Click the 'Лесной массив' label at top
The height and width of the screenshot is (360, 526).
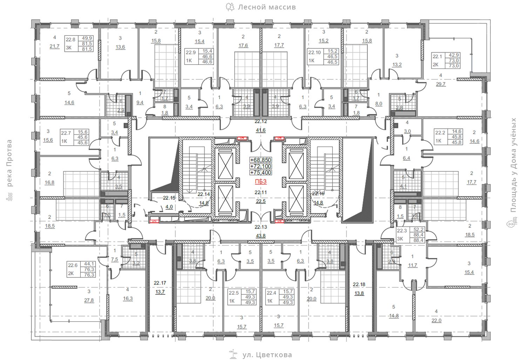pos(267,7)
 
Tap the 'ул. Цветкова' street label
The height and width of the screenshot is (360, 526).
pos(267,355)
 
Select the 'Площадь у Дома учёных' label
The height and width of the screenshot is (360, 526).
pos(513,165)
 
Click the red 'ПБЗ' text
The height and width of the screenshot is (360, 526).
pos(261,181)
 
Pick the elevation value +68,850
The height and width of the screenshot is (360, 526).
pos(261,160)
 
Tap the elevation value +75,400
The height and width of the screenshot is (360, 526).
pos(261,173)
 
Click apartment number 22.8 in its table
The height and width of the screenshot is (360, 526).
pos(70,40)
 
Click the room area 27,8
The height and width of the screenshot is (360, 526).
pos(89,300)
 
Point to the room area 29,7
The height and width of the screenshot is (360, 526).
pos(440,84)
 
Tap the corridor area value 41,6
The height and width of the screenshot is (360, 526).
pos(261,130)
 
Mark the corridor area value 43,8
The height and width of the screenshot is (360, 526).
pos(261,236)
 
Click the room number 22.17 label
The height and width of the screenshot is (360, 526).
pos(160,283)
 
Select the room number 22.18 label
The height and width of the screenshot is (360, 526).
pos(359,284)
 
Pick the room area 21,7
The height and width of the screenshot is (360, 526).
pos(55,46)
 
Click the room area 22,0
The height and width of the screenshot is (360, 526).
pos(436,320)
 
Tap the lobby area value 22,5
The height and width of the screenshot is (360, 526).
pos(261,201)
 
